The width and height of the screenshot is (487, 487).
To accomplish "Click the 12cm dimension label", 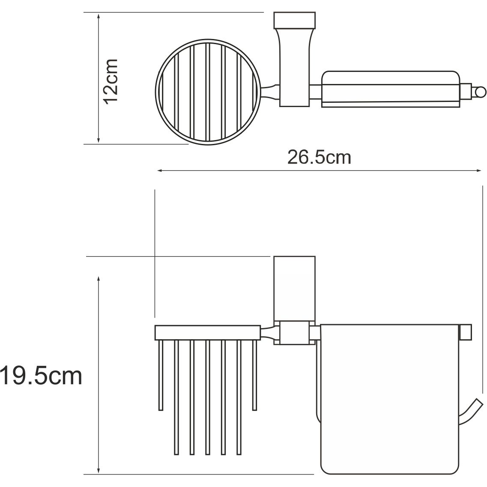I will [111, 81].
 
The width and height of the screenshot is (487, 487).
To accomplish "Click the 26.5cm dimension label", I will [319, 157].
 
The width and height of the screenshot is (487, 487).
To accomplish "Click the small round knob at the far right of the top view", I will [479, 91].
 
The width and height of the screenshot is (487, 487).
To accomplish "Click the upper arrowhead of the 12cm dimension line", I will [99, 16].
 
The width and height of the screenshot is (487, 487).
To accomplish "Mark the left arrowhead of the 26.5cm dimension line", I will [159, 171].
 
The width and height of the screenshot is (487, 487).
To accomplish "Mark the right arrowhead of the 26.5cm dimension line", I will [480, 171].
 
